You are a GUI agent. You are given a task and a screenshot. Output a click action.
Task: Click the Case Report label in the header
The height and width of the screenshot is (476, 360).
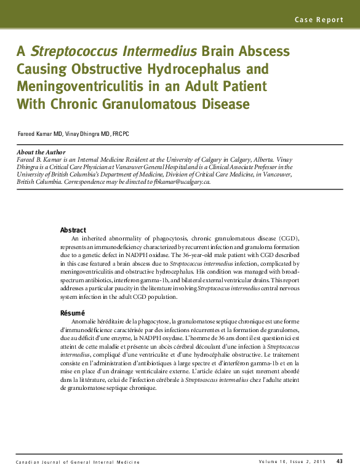click(319, 20)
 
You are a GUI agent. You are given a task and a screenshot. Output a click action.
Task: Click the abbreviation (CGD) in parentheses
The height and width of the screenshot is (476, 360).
click(286, 237)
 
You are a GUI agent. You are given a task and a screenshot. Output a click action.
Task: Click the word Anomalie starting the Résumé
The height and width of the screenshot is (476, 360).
click(86, 321)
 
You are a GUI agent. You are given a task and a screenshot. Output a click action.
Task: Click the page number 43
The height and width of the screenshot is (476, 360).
click(340, 461)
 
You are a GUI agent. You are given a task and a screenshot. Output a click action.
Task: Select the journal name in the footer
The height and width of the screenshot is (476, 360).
click(78, 462)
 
